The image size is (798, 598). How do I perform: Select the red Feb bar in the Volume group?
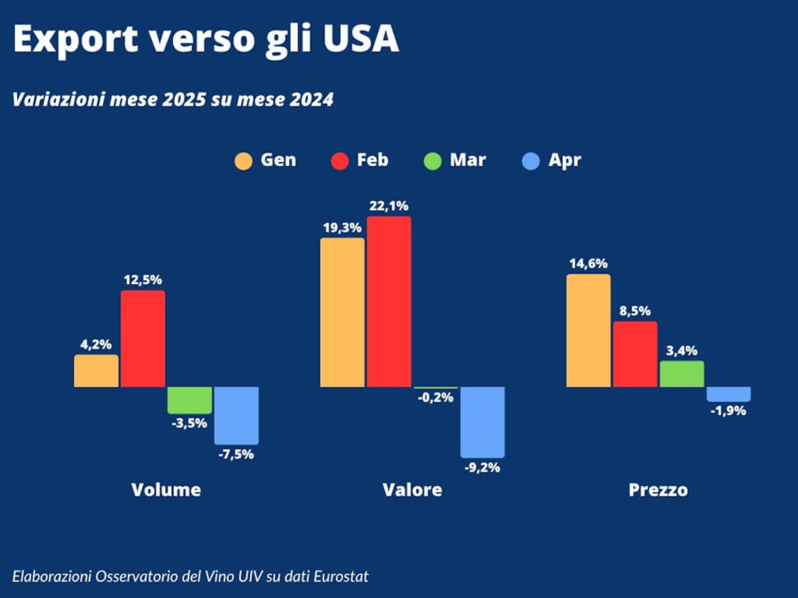click(x=143, y=339)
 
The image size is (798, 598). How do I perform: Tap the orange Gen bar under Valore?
click(x=342, y=312)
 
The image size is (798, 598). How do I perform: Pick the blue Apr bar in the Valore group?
click(x=482, y=422)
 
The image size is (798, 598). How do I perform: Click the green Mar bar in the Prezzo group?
click(x=682, y=374)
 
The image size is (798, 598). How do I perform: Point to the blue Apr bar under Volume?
click(x=236, y=415)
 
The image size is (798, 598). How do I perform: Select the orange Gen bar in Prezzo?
click(x=588, y=330)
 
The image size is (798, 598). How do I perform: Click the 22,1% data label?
click(x=389, y=206)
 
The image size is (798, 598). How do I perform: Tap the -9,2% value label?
click(x=482, y=468)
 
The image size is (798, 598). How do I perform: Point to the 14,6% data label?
click(x=588, y=264)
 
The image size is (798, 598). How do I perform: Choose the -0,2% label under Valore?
click(x=436, y=398)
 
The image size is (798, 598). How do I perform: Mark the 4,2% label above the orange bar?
click(x=96, y=344)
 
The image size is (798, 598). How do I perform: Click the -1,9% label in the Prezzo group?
click(x=728, y=411)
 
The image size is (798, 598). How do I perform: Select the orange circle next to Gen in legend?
click(x=244, y=161)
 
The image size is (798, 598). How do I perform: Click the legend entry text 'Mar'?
click(x=468, y=160)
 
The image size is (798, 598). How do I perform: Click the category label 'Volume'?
click(x=166, y=490)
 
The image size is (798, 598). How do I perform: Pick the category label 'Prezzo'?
click(x=659, y=490)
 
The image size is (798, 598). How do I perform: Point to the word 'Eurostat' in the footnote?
click(x=340, y=576)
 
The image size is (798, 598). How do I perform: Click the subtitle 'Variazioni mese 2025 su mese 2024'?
click(x=173, y=100)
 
